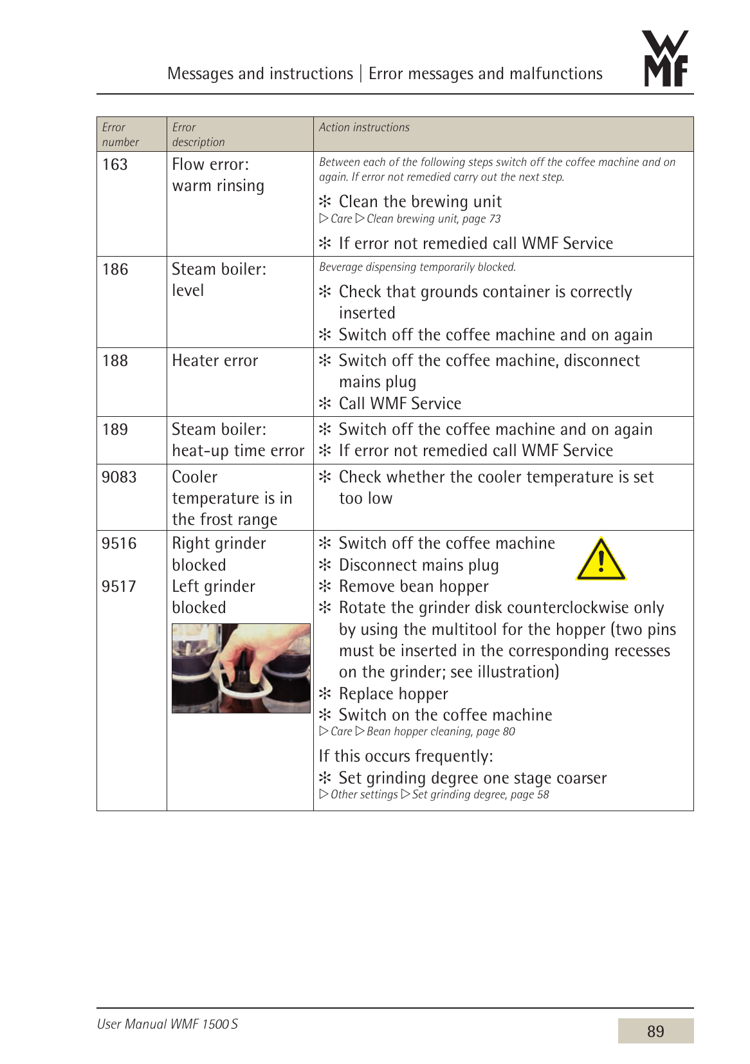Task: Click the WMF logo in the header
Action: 666,59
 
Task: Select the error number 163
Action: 115,165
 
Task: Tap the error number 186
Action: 115,270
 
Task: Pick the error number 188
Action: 115,361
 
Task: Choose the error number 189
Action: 115,430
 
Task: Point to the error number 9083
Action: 119,477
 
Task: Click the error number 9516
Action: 119,544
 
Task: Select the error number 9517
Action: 119,587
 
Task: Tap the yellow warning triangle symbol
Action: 601,560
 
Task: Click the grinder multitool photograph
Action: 241,668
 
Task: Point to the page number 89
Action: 655,1031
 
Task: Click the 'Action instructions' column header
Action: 364,127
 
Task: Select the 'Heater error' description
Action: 215,361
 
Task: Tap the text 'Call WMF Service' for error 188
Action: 399,404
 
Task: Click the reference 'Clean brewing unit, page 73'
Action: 433,219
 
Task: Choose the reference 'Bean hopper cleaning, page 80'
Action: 441,731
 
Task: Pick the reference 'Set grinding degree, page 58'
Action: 480,794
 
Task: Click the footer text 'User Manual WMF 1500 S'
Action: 167,1023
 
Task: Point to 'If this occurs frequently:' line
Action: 406,757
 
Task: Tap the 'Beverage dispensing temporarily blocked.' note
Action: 417,267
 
